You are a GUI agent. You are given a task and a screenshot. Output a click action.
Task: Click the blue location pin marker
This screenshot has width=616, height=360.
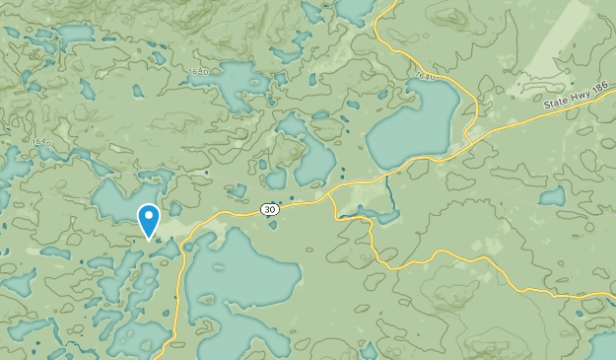[x=149, y=220]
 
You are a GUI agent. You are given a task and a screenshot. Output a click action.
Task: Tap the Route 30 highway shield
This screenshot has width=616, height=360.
[x=269, y=209]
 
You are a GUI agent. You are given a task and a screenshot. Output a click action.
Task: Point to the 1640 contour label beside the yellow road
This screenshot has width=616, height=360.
[x=425, y=76]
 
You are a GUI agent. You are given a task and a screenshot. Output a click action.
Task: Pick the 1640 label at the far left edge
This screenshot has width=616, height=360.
[x=40, y=143]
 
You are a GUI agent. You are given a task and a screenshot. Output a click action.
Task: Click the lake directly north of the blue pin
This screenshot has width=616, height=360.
[x=123, y=197]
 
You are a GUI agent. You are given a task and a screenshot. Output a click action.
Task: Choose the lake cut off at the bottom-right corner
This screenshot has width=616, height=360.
[x=603, y=346]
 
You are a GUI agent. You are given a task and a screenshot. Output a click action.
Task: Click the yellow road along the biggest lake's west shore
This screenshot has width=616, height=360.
[x=180, y=286]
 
